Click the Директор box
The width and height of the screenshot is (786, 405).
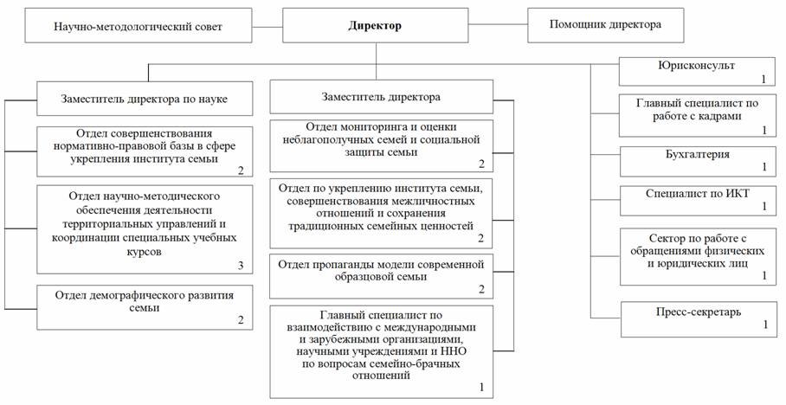coord(375,26)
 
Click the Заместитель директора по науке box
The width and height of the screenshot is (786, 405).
coord(145,99)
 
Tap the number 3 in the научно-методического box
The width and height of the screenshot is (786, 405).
coord(242,266)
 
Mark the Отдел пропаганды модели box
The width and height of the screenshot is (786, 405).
coord(381,273)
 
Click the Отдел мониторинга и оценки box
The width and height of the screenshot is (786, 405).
coord(381,145)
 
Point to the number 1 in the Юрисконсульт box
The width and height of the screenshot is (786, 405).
coord(764,79)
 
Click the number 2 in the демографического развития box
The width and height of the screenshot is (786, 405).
coord(242,319)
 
